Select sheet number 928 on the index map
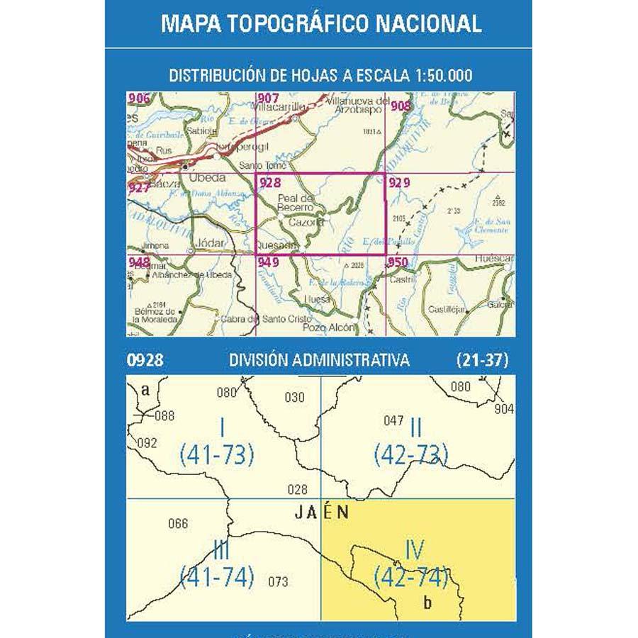tap(271, 183)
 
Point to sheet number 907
tap(269, 99)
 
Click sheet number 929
tap(399, 183)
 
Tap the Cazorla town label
tap(306, 222)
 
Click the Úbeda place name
tap(208, 178)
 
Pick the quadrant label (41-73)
tap(217, 454)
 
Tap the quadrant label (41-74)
tap(217, 578)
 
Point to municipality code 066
tap(179, 524)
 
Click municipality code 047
tap(393, 420)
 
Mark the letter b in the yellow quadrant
tap(427, 603)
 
